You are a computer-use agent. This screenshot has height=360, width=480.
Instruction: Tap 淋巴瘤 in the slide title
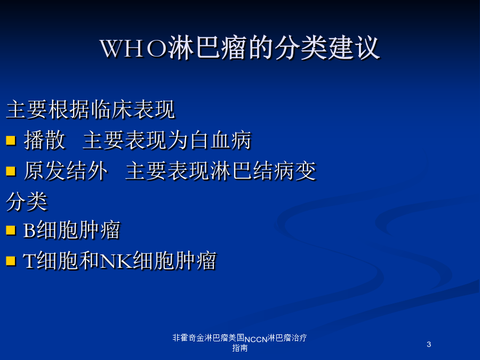pyautogui.click(x=207, y=48)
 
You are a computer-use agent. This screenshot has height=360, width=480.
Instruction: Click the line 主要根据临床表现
pyautogui.click(x=91, y=109)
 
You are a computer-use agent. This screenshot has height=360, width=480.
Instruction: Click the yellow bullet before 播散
pyautogui.click(x=11, y=140)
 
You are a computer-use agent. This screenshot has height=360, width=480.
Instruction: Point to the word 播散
pyautogui.click(x=45, y=140)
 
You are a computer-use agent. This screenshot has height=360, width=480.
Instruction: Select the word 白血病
pyautogui.click(x=220, y=140)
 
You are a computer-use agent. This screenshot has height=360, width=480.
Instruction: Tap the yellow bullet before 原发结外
pyautogui.click(x=11, y=171)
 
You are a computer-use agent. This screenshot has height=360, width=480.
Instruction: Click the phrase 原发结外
pyautogui.click(x=66, y=171)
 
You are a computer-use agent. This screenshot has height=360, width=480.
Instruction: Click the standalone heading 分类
pyautogui.click(x=27, y=202)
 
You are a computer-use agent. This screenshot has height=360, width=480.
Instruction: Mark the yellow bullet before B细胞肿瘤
pyautogui.click(x=11, y=230)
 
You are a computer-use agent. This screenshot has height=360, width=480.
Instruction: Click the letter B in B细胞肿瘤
pyautogui.click(x=29, y=230)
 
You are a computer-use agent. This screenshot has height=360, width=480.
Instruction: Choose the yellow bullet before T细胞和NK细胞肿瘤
pyautogui.click(x=11, y=261)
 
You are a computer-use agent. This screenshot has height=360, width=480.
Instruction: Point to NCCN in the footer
pyautogui.click(x=256, y=340)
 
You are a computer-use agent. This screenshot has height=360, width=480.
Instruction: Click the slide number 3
pyautogui.click(x=429, y=345)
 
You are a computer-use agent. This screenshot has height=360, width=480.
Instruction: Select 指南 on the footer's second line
pyautogui.click(x=239, y=348)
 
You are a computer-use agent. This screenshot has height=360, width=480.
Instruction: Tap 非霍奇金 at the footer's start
pyautogui.click(x=188, y=338)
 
